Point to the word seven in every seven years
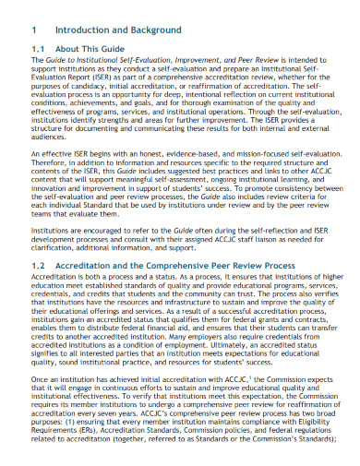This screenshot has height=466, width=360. click(x=104, y=435)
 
